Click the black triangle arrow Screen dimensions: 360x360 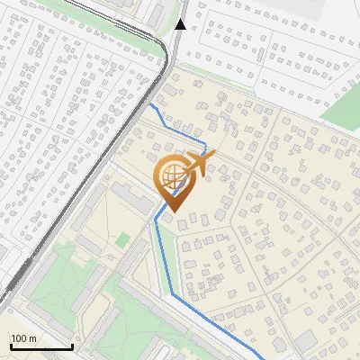181,23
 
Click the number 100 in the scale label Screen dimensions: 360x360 20,338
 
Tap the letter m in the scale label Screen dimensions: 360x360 33,338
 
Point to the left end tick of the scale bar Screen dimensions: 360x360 11,346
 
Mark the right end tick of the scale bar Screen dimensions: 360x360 72,346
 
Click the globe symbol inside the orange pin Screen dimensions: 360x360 173,180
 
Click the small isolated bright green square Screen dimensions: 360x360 123,239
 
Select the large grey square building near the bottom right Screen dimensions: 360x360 306,341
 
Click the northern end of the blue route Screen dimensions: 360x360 151,104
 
